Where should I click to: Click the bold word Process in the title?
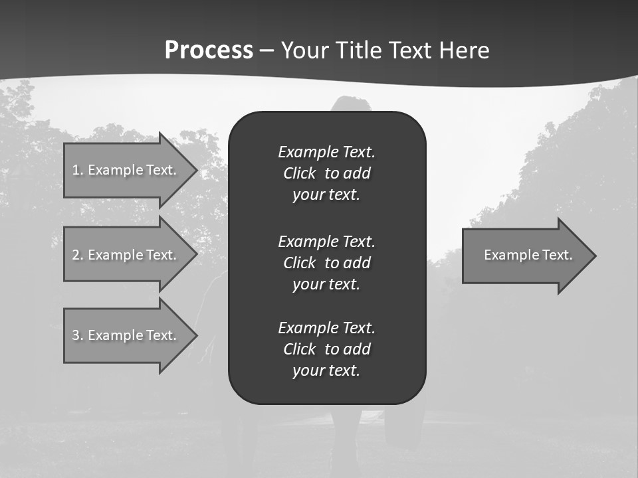(x=209, y=50)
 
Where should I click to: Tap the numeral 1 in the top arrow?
(x=76, y=170)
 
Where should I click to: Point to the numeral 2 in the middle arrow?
(x=76, y=255)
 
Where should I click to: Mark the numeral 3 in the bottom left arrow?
(x=76, y=335)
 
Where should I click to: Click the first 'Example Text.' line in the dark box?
(x=326, y=152)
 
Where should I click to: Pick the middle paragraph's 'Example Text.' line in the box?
(x=326, y=241)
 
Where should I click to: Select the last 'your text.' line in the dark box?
(x=326, y=370)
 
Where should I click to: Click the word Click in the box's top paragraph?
(x=300, y=173)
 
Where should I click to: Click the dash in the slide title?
(x=266, y=51)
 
